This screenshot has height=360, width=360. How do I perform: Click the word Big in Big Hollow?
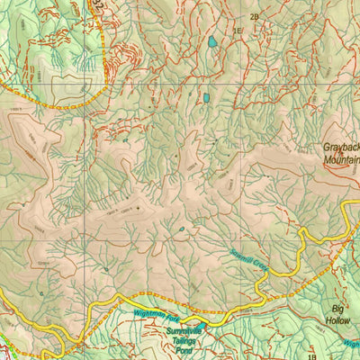(338, 306)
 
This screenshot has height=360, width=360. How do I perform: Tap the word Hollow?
(338, 318)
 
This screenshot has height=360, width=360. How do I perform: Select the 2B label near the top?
(255, 17)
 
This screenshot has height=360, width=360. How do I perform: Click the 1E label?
(238, 31)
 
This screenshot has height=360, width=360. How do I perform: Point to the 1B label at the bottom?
(312, 357)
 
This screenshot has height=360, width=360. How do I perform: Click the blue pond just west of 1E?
(212, 41)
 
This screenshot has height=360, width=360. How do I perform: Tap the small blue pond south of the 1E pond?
(205, 97)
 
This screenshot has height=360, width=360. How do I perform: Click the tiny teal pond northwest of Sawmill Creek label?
(182, 229)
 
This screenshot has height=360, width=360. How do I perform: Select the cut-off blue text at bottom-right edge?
(351, 344)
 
